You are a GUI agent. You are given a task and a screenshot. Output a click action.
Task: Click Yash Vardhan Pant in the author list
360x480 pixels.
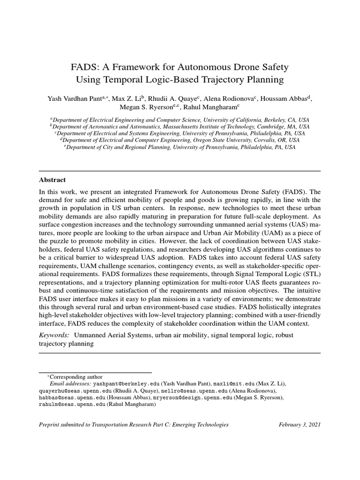point(76,99)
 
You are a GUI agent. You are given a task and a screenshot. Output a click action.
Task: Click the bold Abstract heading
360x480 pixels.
point(52,180)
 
